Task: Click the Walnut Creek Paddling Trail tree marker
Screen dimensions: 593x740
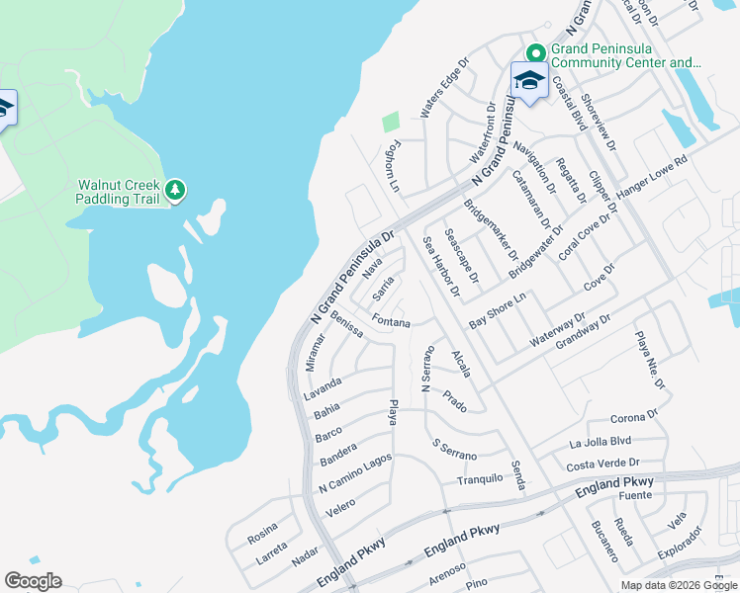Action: pyautogui.click(x=175, y=190)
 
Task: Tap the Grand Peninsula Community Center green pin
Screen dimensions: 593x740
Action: pyautogui.click(x=535, y=53)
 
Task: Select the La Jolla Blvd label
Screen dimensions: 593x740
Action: pyautogui.click(x=600, y=441)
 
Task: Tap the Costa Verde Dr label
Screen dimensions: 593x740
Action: pyautogui.click(x=602, y=463)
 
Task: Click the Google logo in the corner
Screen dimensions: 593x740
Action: pyautogui.click(x=33, y=581)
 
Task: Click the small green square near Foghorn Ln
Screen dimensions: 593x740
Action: pyautogui.click(x=391, y=122)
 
